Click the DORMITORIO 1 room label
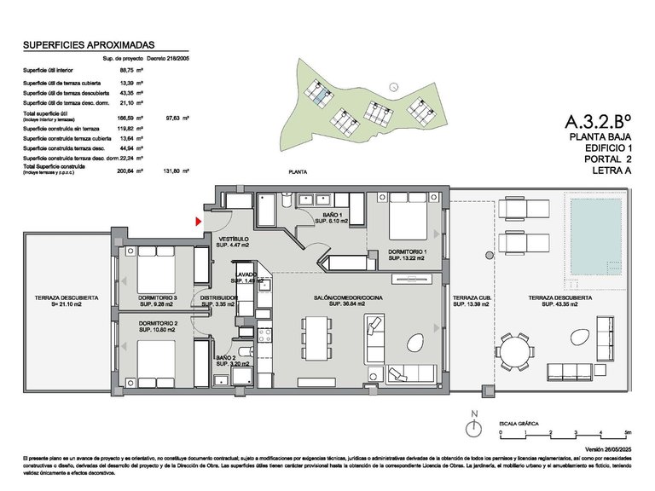(407, 252)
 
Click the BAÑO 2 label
(226, 357)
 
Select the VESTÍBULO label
(234, 239)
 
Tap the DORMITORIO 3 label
(157, 297)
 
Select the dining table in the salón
(316, 338)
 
